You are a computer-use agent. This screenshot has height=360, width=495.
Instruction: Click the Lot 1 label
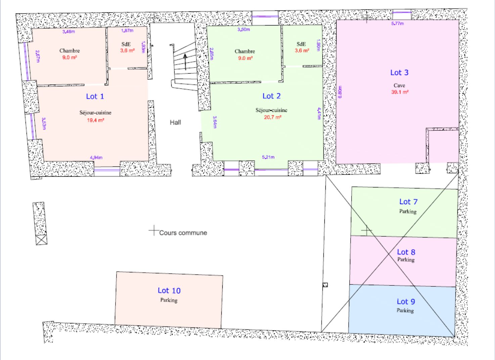point(95,96)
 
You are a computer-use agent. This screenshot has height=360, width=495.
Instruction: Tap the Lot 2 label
point(271,96)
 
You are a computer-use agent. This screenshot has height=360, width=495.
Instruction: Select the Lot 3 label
point(399,73)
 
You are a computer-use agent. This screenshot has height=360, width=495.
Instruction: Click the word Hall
point(175,123)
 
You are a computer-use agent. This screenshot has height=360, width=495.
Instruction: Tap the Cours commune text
point(183,233)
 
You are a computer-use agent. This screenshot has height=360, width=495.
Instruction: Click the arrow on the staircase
point(185,62)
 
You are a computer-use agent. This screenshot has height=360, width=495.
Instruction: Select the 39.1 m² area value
point(400,92)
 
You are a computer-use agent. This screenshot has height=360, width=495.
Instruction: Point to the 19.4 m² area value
point(95,120)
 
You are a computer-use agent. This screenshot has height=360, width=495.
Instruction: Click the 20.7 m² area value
point(272,117)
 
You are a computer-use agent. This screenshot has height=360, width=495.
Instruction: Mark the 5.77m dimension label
point(397,24)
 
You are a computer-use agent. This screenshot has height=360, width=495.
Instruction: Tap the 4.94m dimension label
point(96,157)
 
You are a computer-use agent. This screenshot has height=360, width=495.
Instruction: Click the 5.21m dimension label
point(268,157)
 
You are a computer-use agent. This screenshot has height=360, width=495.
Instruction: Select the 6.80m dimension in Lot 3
point(340,92)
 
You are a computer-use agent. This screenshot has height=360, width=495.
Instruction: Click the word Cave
point(399,85)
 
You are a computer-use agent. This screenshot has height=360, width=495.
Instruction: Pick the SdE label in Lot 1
point(126,44)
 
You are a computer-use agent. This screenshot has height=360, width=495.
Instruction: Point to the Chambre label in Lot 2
point(244,51)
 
